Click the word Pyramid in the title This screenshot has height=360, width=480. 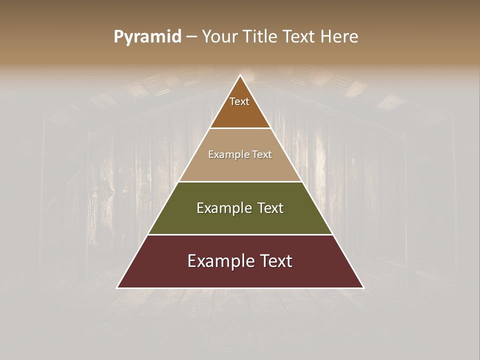(147, 37)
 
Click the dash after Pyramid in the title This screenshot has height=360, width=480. (191, 37)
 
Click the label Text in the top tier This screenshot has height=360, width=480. (239, 101)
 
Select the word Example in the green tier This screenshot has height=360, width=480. (223, 208)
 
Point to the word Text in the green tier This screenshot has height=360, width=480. (271, 208)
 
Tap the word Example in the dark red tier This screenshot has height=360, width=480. (218, 261)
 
